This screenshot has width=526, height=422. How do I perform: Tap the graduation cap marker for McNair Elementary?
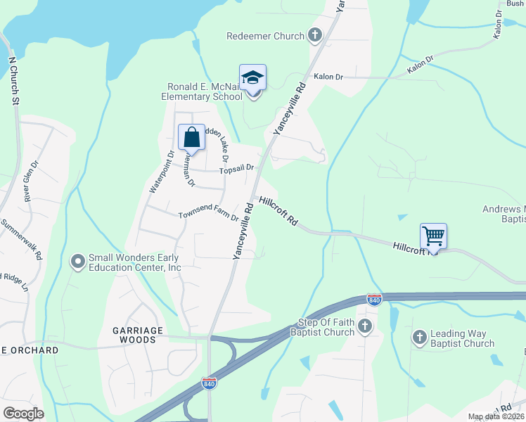click(252, 79)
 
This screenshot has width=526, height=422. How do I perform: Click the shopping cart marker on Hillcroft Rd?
click(433, 237)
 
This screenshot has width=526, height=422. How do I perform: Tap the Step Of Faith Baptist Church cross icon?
click(364, 326)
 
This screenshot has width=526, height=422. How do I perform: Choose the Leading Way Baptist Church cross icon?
click(419, 338)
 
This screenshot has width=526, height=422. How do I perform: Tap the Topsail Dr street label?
click(236, 170)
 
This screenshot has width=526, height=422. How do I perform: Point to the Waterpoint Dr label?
click(161, 172)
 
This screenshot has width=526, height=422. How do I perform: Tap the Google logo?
click(23, 414)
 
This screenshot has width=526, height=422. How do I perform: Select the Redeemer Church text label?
click(266, 36)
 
